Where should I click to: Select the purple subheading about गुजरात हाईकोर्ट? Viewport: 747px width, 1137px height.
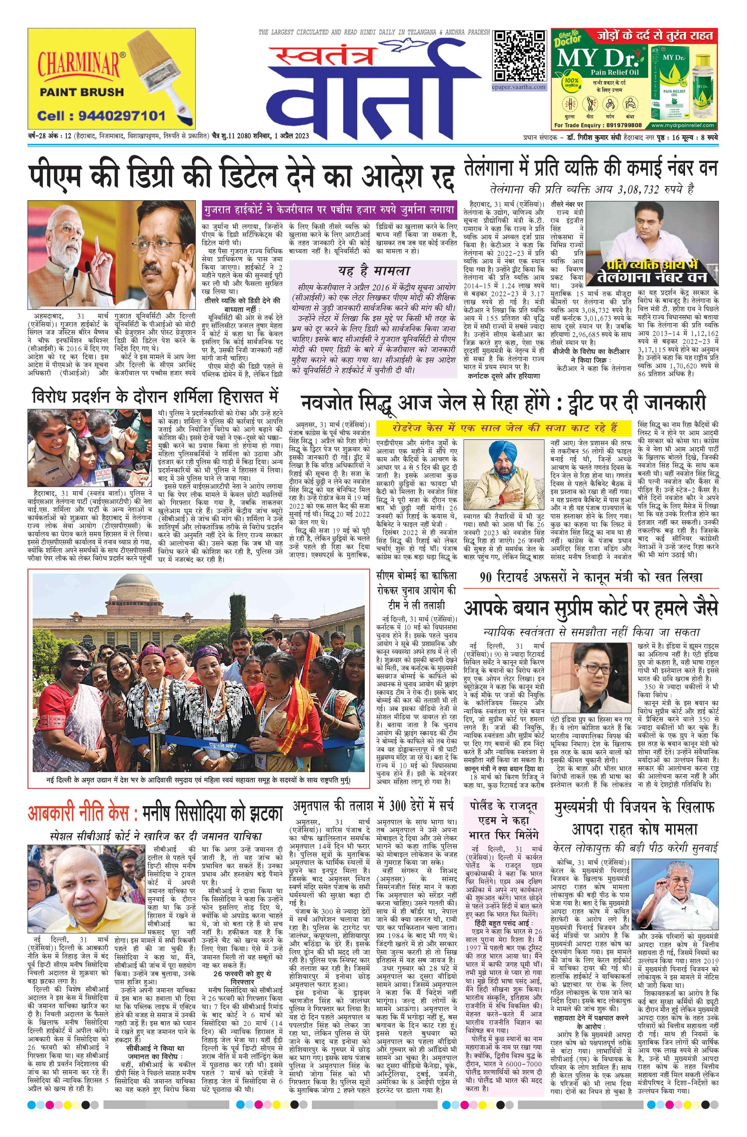328,210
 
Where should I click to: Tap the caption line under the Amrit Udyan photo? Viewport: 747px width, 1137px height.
198,780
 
